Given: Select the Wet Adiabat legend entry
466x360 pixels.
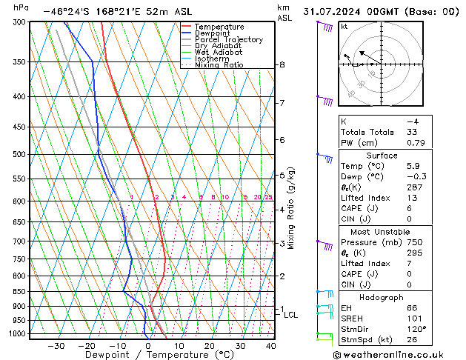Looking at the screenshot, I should pos(213,52).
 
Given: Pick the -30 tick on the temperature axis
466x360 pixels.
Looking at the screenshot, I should pos(56,345).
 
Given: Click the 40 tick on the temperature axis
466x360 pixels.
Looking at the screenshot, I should pos(270,345).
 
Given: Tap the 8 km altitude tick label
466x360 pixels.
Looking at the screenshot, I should pos(282,65).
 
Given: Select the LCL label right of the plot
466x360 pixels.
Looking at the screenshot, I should pos(291,315).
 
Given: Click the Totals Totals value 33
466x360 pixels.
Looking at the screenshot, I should pos(412,132).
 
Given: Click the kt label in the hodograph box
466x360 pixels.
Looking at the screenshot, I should pos(343,27).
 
